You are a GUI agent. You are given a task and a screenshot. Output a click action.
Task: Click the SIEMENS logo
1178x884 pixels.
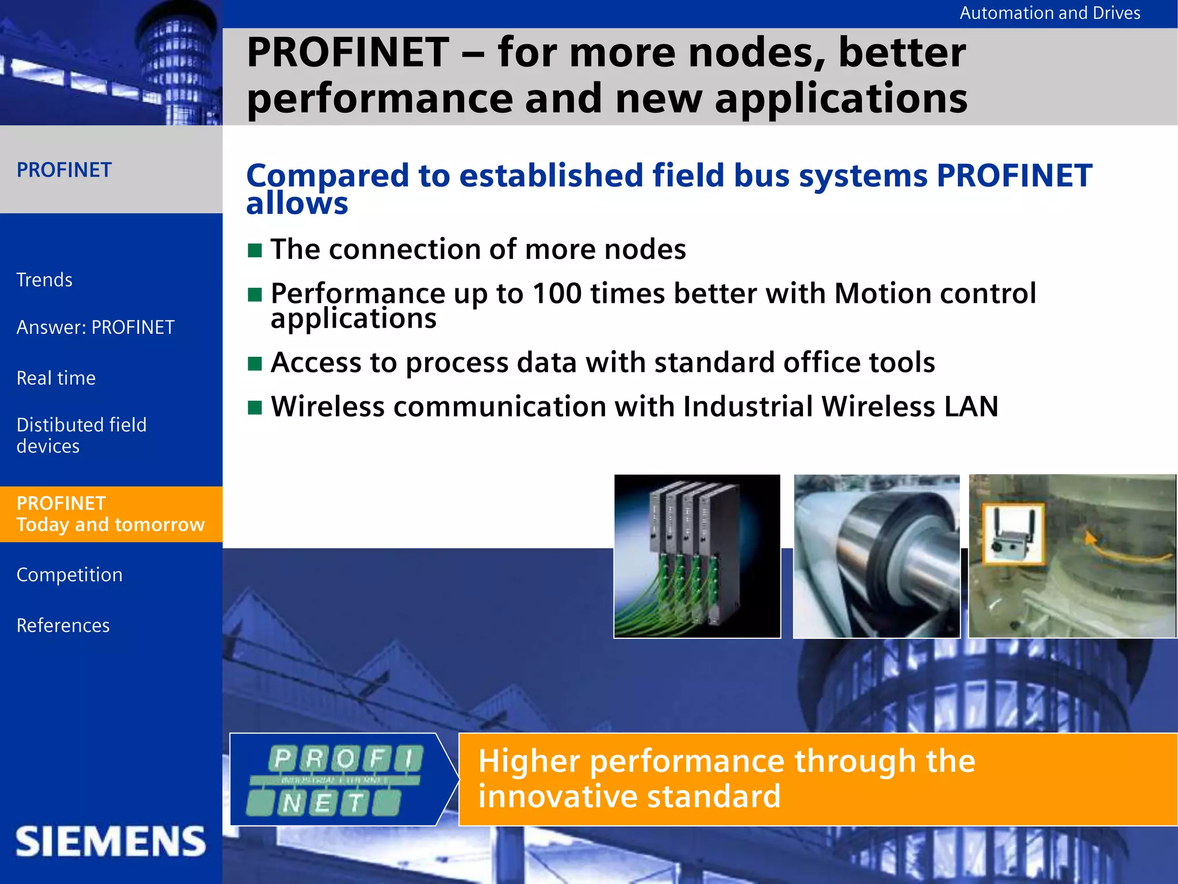point(110,841)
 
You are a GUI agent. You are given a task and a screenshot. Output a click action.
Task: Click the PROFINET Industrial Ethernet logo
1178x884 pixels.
point(336,780)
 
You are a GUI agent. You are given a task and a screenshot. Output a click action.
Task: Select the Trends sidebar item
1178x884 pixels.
point(44,280)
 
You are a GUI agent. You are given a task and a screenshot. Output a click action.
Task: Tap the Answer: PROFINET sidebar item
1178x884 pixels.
point(95,327)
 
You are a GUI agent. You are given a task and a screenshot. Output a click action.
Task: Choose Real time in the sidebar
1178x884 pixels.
point(56,378)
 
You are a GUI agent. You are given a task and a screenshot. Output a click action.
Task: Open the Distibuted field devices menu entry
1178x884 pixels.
point(81,435)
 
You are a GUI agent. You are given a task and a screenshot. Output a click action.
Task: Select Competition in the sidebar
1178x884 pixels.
point(69,575)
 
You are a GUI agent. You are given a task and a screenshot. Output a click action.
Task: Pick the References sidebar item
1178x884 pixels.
point(63,626)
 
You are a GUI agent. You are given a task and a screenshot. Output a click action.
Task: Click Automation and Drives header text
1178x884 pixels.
point(1049,13)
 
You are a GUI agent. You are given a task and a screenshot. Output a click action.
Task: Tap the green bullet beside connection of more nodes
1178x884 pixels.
point(255,250)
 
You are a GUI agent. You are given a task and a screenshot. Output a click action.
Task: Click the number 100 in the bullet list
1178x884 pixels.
point(557,294)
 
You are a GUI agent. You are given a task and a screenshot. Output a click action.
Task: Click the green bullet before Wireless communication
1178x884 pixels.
point(255,407)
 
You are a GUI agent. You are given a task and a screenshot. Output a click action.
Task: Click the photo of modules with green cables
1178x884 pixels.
point(697,556)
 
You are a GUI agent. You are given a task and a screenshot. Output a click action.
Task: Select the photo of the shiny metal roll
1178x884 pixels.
point(876,556)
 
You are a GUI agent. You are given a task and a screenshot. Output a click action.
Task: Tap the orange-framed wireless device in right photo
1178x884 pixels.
point(1012,535)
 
